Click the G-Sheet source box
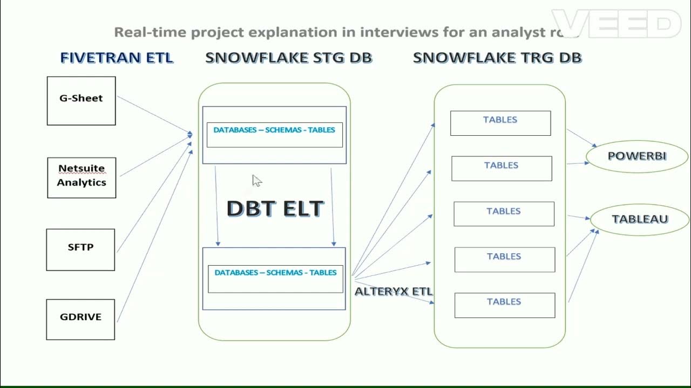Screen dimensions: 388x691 point(81,101)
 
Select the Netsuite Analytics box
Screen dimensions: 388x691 point(82,177)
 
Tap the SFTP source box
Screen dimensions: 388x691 point(80,250)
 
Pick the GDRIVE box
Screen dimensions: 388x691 point(80,319)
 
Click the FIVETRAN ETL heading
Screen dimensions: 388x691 point(117,58)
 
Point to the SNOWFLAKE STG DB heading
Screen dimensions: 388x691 point(288,58)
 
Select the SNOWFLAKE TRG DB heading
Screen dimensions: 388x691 point(497,58)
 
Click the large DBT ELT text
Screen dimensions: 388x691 point(275,209)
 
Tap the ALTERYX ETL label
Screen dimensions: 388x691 point(393,292)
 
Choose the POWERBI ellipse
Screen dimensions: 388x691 point(637,156)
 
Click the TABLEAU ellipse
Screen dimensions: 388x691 point(640,219)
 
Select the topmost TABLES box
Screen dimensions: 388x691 point(500,123)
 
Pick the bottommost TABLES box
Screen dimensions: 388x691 point(504,305)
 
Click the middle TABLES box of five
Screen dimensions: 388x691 point(504,214)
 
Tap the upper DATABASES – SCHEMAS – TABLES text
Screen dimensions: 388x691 point(274,130)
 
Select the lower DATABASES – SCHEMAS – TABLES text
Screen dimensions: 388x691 point(275,273)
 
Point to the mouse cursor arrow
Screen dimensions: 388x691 point(256,180)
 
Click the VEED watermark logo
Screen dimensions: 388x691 point(615,24)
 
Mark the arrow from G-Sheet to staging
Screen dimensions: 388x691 point(154,115)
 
